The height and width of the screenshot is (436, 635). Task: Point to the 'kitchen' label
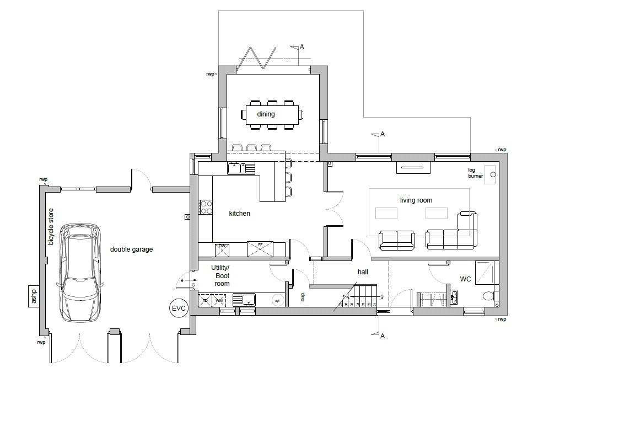click(240, 213)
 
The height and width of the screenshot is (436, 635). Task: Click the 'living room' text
click(416, 200)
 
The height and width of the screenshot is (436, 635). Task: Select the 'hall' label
click(363, 272)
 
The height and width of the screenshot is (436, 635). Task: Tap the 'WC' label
click(466, 279)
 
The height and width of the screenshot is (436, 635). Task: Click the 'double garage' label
click(131, 249)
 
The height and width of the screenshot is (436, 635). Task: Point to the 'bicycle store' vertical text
click(51, 226)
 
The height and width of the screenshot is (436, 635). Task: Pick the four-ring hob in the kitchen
click(206, 207)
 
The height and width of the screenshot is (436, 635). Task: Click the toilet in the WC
click(489, 296)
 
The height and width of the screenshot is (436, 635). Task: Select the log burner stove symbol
click(489, 174)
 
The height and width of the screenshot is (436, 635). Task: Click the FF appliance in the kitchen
click(260, 249)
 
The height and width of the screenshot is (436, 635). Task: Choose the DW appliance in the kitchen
click(222, 249)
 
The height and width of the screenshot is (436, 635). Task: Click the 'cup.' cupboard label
click(303, 297)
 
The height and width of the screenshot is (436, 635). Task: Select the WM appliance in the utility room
click(219, 300)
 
